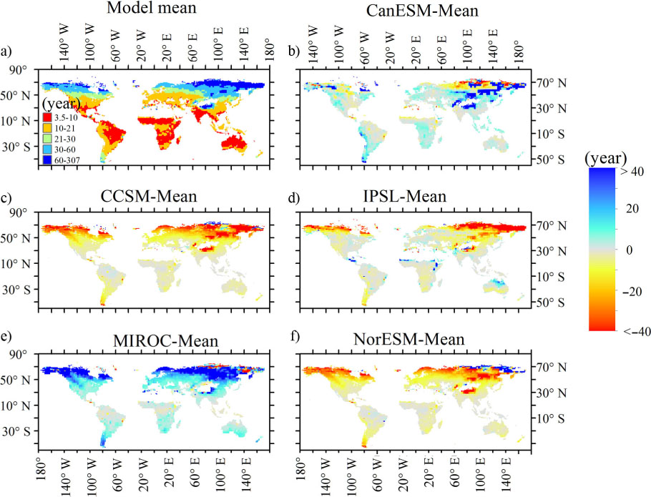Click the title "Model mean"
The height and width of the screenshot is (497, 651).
pos(152,7)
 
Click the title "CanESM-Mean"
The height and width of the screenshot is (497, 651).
pos(422,11)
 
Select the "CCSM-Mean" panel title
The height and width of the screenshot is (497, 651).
pos(149,196)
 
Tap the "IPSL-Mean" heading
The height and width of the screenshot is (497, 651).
pos(405,196)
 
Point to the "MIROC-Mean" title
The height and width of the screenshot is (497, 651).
pos(166,340)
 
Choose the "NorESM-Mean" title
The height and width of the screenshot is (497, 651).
pos(409,339)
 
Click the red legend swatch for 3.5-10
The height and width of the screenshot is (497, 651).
pos(47,118)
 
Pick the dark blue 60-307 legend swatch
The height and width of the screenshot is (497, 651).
pos(47,159)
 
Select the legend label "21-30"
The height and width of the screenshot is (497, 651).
pos(65,139)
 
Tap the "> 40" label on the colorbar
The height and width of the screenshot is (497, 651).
pos(632,171)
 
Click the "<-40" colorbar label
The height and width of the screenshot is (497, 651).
pos(635,332)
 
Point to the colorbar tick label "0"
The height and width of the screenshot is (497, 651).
pos(630,250)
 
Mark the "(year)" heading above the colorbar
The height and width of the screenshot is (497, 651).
pos(606,158)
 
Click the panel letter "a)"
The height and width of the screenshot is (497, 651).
pos(6,51)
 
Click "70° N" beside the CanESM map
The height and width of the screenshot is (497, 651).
pos(551,83)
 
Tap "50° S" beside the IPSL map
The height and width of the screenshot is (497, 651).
pos(551,302)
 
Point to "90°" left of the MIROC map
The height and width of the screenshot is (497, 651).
pos(19,354)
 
